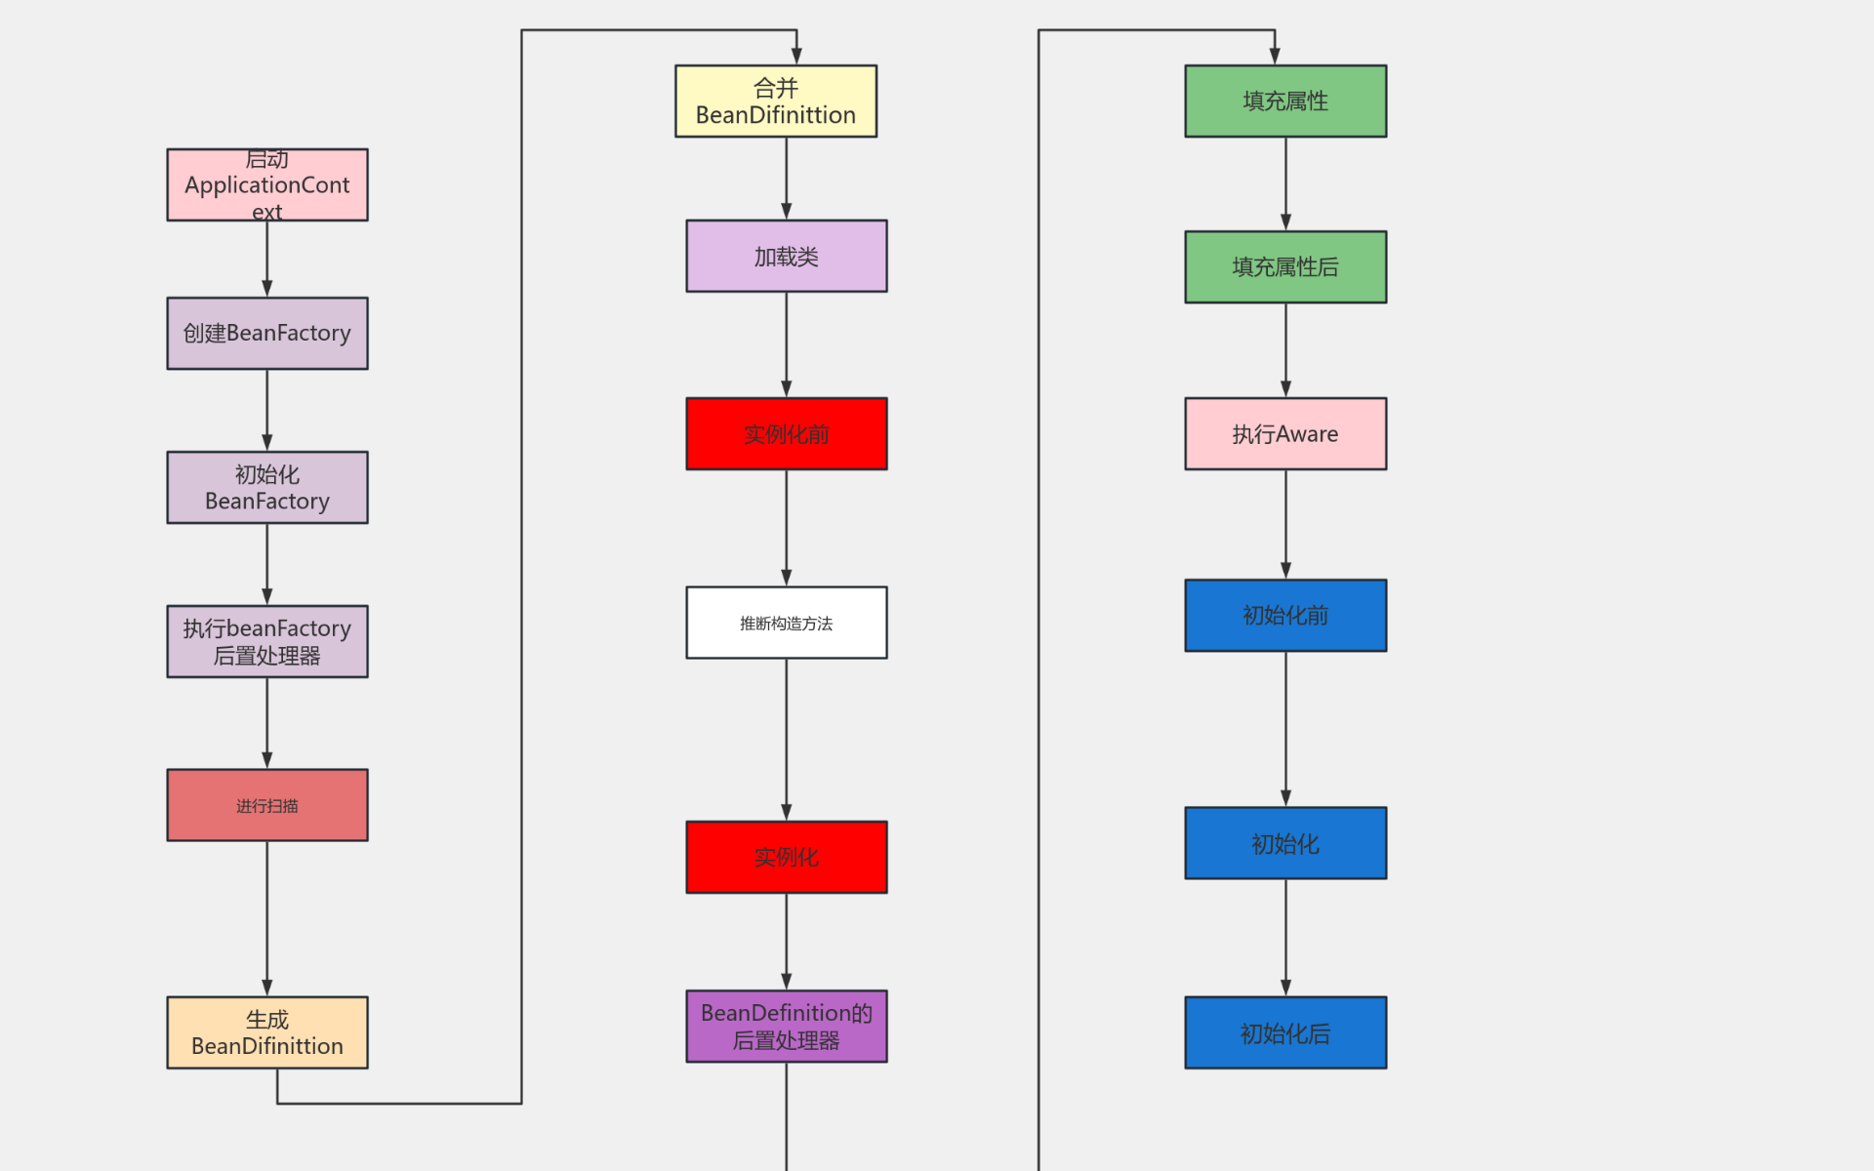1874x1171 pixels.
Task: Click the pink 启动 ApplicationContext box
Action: tap(266, 185)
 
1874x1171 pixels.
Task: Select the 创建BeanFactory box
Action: tap(266, 334)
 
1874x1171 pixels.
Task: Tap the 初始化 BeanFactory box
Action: tap(266, 488)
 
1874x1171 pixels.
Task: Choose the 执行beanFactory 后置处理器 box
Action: tap(266, 642)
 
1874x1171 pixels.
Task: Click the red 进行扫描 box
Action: tap(266, 805)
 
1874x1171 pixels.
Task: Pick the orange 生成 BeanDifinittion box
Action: tap(266, 1032)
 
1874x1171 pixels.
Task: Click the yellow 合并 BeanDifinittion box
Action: tap(776, 101)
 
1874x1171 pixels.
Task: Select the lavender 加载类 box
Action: tap(786, 257)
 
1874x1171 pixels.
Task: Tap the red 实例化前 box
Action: tap(786, 434)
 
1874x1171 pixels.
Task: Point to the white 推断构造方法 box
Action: tap(786, 623)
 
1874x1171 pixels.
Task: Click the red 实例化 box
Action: tap(786, 857)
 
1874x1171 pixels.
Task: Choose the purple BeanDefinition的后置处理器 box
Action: tap(786, 1027)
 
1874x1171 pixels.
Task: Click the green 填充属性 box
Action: tap(1285, 101)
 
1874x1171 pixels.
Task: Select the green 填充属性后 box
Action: tap(1285, 267)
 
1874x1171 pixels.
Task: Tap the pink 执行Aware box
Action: tap(1285, 434)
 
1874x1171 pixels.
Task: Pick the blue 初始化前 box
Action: tap(1285, 616)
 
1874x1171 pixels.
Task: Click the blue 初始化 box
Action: tap(1285, 843)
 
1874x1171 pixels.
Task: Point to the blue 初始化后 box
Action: tap(1285, 1032)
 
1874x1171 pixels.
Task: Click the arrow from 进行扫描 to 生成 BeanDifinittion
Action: tap(267, 917)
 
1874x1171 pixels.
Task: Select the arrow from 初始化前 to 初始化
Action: tap(1285, 728)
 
